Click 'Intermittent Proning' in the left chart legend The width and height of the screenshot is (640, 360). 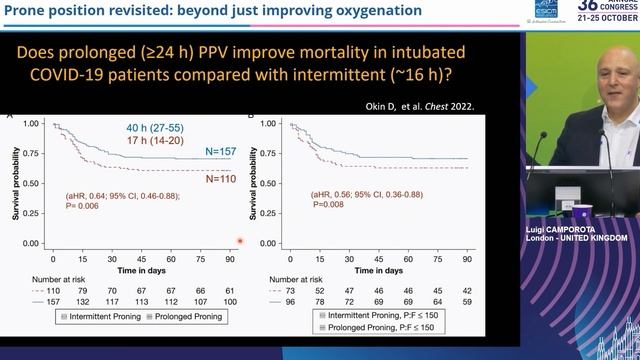(95, 316)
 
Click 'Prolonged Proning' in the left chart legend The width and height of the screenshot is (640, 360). (183, 316)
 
